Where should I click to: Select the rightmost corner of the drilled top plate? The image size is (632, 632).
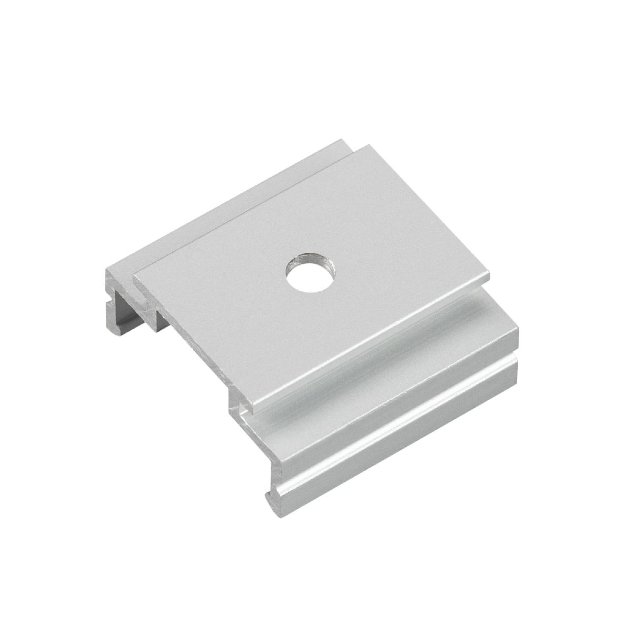tap(488, 273)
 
